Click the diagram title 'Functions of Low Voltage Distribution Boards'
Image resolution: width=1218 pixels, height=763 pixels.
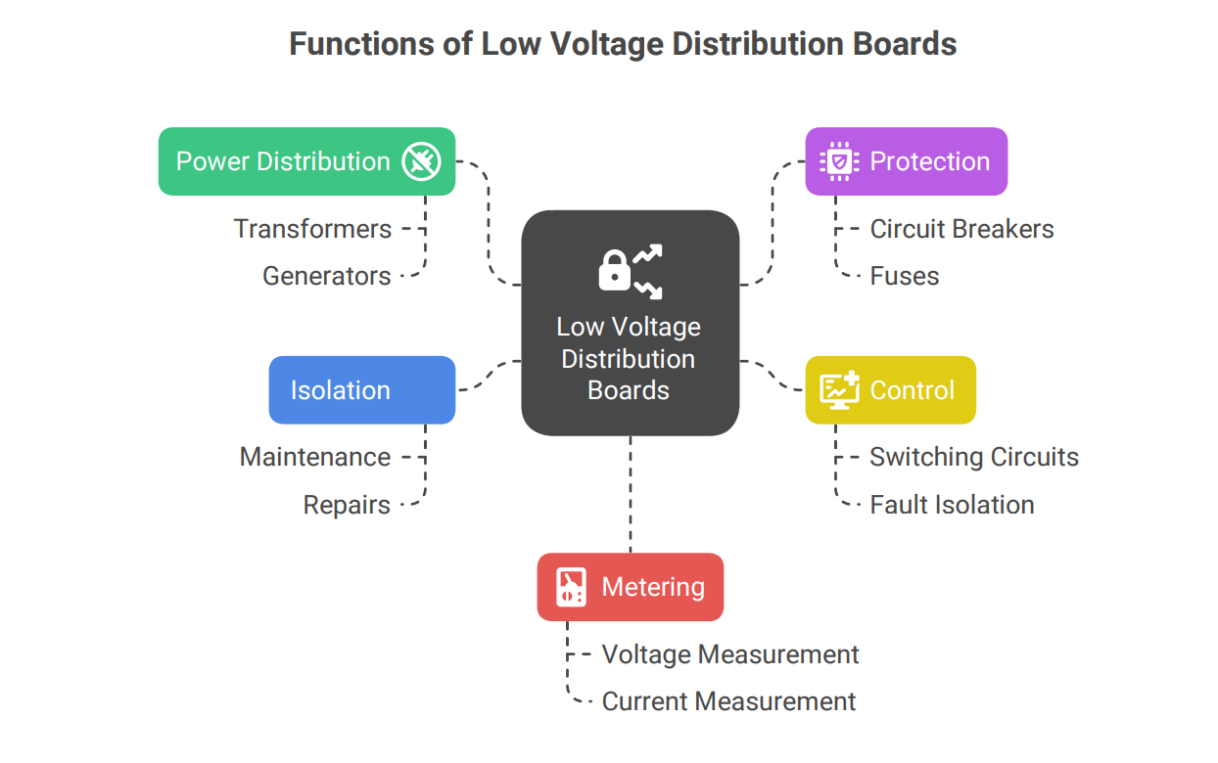click(623, 44)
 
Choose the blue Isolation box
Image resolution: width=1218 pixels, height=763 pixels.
click(361, 390)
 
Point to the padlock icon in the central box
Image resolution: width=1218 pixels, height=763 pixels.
click(615, 271)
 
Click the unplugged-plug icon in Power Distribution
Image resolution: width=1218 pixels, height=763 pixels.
click(422, 161)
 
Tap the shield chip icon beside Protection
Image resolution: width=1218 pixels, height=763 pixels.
click(839, 161)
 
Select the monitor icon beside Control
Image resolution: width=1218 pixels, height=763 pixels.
click(839, 389)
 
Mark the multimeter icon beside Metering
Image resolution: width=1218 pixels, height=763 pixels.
click(571, 587)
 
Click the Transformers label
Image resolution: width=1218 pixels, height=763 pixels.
click(312, 229)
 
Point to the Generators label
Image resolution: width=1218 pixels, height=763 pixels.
click(327, 276)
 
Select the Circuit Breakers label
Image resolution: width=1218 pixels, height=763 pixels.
click(961, 229)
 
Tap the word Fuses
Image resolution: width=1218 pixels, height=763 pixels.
click(904, 276)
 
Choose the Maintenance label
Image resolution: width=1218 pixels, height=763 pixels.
click(315, 457)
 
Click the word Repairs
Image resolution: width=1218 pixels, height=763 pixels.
click(347, 505)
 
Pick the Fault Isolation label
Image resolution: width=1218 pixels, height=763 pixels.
click(952, 505)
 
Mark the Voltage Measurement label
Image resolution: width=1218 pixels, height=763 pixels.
click(729, 654)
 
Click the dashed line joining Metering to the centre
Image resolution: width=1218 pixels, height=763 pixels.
click(631, 494)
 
